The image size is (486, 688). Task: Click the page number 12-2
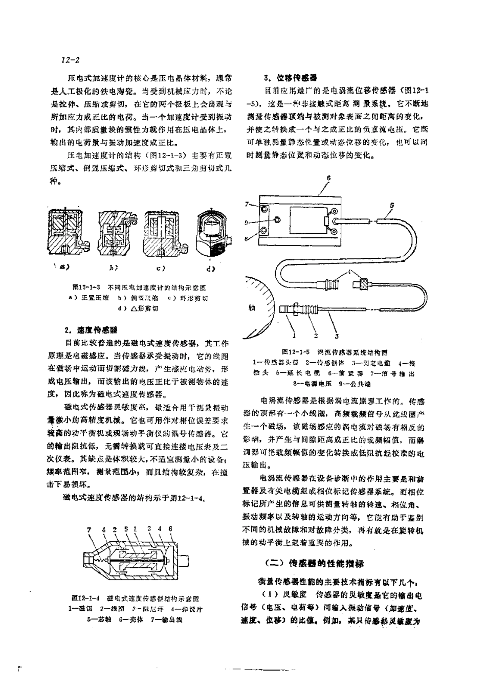click(70, 60)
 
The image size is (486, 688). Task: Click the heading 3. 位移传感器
click(290, 78)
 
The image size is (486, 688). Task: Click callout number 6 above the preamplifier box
click(328, 177)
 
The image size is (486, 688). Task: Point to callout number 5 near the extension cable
click(391, 205)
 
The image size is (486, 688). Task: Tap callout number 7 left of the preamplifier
click(247, 204)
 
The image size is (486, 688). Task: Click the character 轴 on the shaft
click(251, 308)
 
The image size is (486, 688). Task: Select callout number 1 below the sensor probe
click(294, 336)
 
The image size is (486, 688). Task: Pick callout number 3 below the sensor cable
click(337, 336)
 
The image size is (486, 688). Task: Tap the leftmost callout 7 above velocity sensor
click(89, 529)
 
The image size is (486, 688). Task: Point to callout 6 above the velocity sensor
click(170, 529)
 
